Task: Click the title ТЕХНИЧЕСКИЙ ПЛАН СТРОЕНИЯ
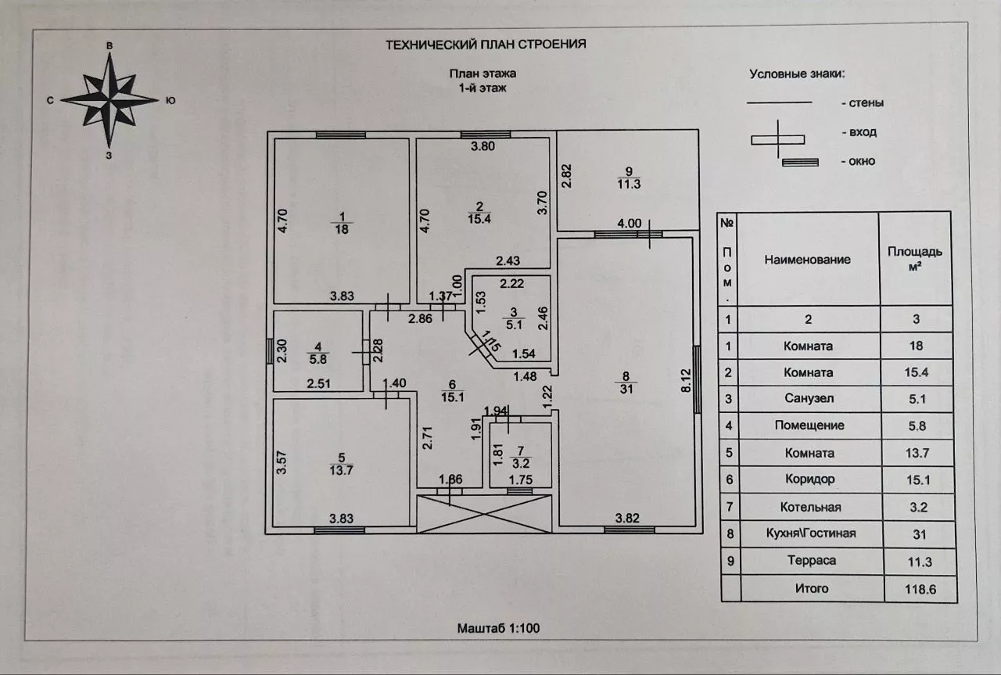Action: (486, 45)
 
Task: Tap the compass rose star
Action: (110, 99)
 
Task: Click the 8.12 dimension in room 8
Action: (686, 380)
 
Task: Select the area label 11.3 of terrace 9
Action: (629, 184)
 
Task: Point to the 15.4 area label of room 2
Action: (479, 218)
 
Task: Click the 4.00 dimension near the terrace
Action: (630, 223)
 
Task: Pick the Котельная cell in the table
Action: (811, 507)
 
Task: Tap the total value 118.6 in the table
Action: (920, 589)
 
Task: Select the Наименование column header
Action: (807, 259)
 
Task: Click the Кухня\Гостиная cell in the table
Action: (811, 533)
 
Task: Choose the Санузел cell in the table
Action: (809, 398)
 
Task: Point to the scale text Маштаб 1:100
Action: (498, 628)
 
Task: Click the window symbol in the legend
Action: (800, 162)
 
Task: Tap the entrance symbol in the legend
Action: (778, 139)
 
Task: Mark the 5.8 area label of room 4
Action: (318, 359)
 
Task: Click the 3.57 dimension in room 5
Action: (281, 463)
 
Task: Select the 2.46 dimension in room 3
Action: (543, 318)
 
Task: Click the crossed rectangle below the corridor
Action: (484, 514)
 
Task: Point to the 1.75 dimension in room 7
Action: (521, 479)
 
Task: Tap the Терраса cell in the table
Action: (812, 561)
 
